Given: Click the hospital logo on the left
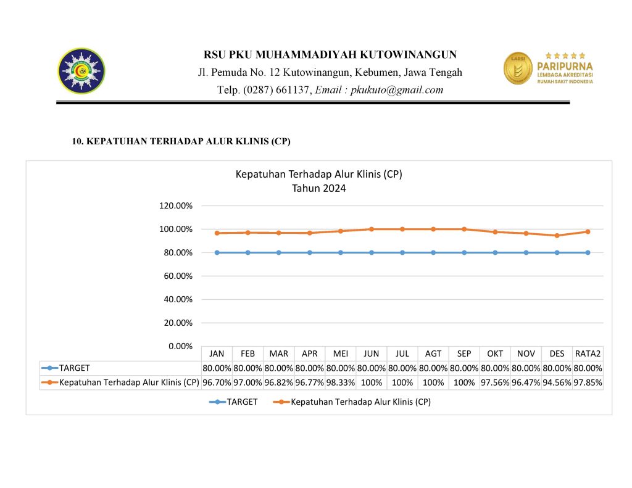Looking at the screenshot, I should tap(81, 70).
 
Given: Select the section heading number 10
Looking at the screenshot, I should tap(78, 142).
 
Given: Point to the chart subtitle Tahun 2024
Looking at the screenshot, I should tap(318, 189).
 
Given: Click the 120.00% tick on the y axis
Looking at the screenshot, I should tap(176, 205).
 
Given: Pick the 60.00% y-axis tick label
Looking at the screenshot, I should tap(177, 276).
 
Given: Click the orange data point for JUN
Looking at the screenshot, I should tap(372, 229).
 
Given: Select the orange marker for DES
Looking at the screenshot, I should tap(557, 235).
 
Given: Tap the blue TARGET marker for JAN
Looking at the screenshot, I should tap(217, 252).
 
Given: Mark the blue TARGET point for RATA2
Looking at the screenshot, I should tap(588, 252).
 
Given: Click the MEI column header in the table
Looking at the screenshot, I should tap(341, 354).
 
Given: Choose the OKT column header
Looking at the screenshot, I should tap(495, 354).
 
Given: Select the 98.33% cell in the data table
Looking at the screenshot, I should tap(341, 383).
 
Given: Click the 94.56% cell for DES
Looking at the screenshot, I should tap(557, 383).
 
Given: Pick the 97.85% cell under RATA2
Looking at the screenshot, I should tap(588, 383).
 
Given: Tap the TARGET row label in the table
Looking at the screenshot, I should tap(74, 368).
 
